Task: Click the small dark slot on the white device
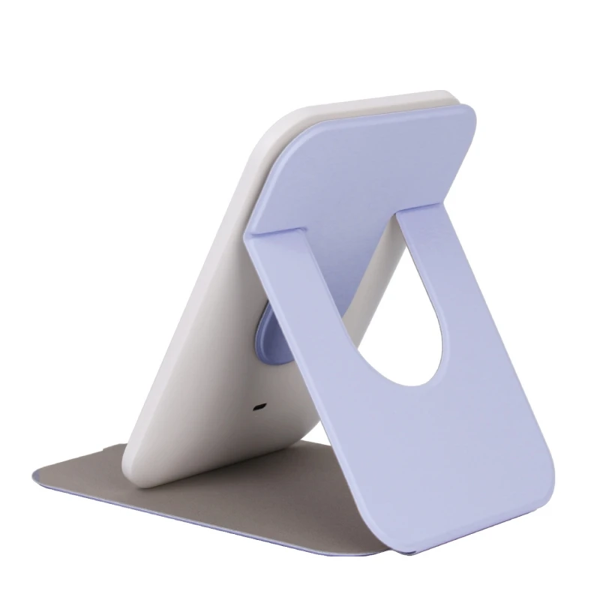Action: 259,408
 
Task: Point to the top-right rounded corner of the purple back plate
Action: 466,112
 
